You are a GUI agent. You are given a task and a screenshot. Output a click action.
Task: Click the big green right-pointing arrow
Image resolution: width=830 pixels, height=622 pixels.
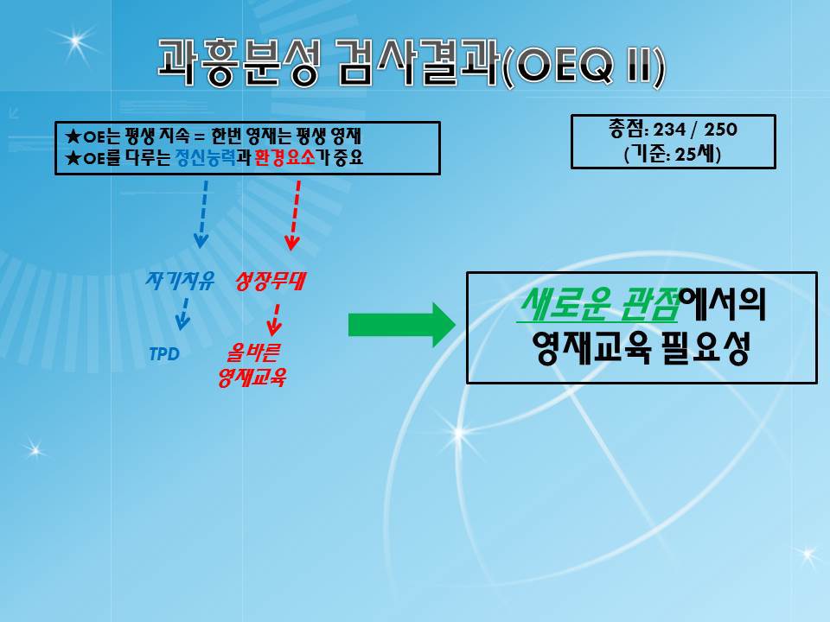pyautogui.click(x=401, y=325)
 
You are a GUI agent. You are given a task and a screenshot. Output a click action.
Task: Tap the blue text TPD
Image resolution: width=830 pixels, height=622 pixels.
pyautogui.click(x=164, y=354)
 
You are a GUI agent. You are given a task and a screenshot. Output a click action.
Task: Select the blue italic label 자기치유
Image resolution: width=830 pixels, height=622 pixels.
pyautogui.click(x=180, y=280)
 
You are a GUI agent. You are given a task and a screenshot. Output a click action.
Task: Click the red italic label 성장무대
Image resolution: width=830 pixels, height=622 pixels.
pyautogui.click(x=270, y=280)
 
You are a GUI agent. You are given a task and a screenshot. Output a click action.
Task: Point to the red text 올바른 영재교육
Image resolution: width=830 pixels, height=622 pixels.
pyautogui.click(x=252, y=365)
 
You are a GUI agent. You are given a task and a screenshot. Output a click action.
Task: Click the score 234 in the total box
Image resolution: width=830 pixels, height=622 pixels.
pyautogui.click(x=669, y=129)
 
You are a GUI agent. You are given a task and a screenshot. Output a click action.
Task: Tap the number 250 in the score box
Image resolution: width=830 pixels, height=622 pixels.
pyautogui.click(x=720, y=129)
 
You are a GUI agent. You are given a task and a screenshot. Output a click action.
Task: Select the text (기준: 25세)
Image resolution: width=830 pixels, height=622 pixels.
pyautogui.click(x=673, y=154)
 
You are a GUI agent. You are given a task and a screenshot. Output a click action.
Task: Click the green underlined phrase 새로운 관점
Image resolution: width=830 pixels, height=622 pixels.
pyautogui.click(x=598, y=305)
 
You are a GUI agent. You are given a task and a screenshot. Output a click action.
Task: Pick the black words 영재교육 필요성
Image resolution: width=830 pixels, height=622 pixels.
pyautogui.click(x=641, y=347)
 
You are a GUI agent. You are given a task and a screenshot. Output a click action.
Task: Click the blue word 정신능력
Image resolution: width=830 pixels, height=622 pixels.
pyautogui.click(x=206, y=157)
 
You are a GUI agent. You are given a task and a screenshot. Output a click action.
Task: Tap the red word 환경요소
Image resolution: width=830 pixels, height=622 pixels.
pyautogui.click(x=284, y=157)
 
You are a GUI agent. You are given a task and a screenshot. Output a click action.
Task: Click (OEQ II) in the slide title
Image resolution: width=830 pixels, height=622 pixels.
pyautogui.click(x=582, y=67)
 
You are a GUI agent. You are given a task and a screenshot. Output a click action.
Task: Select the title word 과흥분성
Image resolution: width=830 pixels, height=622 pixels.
pyautogui.click(x=239, y=63)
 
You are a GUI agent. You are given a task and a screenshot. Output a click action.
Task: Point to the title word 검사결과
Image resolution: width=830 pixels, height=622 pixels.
pyautogui.click(x=418, y=63)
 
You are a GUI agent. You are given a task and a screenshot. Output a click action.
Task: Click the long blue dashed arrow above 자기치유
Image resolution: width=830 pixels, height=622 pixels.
pyautogui.click(x=202, y=214)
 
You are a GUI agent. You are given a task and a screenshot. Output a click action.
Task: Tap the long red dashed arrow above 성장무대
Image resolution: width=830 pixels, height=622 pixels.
pyautogui.click(x=294, y=215)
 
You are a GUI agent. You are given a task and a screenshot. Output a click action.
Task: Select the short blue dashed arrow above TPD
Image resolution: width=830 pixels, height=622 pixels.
pyautogui.click(x=183, y=314)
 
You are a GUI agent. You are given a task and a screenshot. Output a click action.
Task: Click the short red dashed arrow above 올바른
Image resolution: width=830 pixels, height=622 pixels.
pyautogui.click(x=275, y=320)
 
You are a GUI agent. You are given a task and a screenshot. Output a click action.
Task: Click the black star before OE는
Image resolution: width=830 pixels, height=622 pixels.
pyautogui.click(x=73, y=136)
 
